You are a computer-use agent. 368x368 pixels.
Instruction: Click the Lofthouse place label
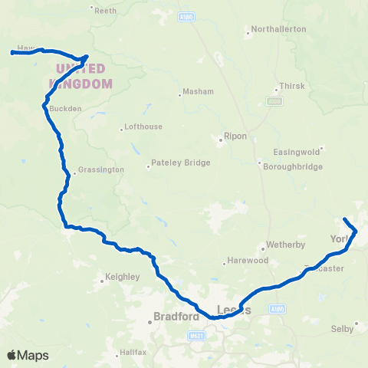pyautogui.click(x=142, y=129)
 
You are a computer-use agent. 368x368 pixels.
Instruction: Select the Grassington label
pyautogui.click(x=102, y=169)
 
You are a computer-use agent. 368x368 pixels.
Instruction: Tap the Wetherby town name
pyautogui.click(x=284, y=245)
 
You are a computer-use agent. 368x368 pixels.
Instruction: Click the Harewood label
pyautogui.click(x=250, y=261)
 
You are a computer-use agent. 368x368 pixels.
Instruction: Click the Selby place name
pyautogui.click(x=343, y=328)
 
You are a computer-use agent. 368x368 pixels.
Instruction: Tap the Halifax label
pyautogui.click(x=132, y=353)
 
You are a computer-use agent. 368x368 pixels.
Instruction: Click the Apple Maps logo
pyautogui.click(x=28, y=355)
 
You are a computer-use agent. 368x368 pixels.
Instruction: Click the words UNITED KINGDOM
pyautogui.click(x=80, y=75)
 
